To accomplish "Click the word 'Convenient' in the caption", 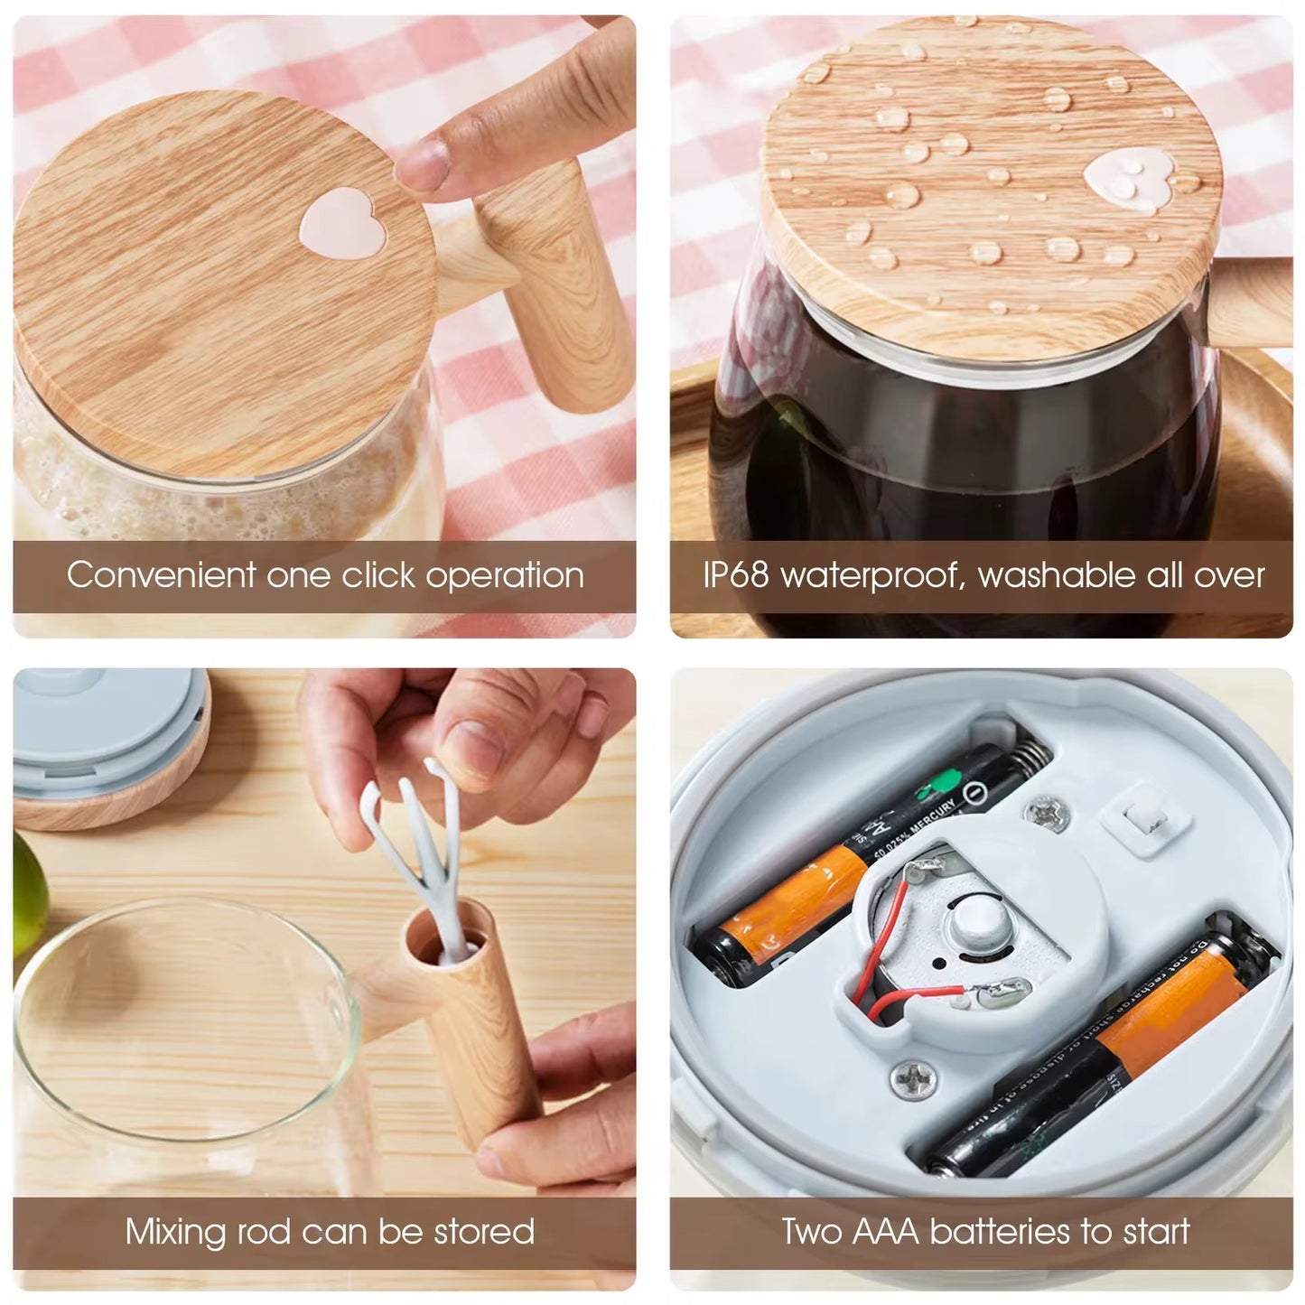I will pos(161,575).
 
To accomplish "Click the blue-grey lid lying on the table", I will pos(99,727).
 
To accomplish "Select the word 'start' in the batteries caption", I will pos(1151,1232).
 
